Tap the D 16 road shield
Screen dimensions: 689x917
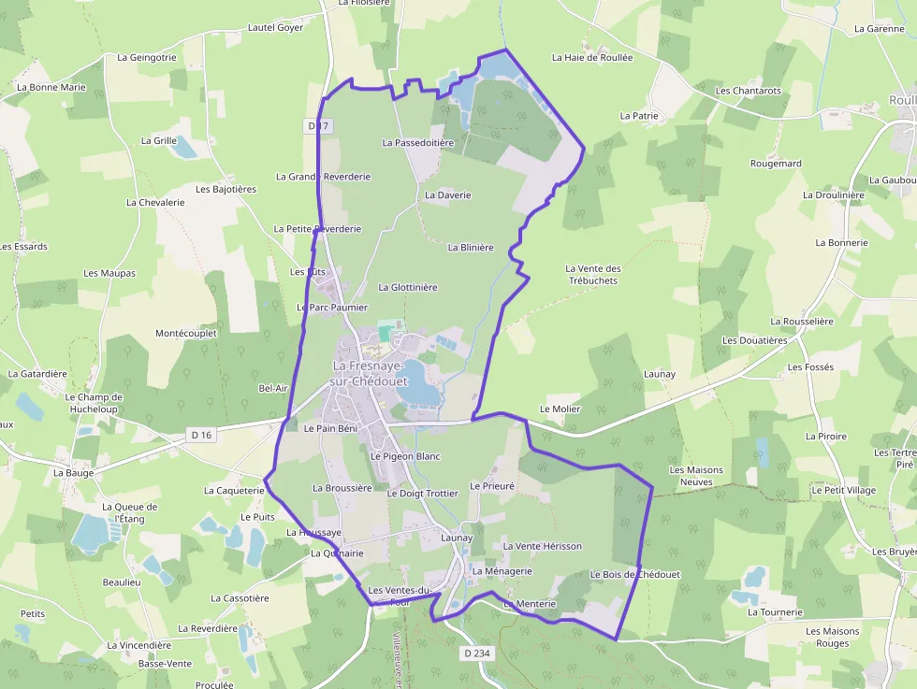click(201, 435)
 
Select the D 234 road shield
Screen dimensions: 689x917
click(476, 653)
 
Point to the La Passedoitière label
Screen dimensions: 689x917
click(417, 143)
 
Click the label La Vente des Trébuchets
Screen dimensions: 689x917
click(593, 275)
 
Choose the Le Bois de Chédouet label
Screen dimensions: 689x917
click(634, 574)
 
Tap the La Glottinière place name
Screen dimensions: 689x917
click(408, 288)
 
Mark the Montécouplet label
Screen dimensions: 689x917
click(186, 333)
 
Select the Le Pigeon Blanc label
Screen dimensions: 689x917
click(405, 456)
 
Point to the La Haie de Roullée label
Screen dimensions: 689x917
click(592, 57)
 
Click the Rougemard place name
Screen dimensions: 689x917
click(776, 164)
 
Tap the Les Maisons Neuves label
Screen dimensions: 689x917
click(691, 476)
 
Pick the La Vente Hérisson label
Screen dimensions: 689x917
click(543, 546)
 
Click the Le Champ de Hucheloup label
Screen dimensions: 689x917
click(95, 403)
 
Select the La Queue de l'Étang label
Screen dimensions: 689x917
click(130, 512)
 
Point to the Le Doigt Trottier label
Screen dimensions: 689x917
click(423, 493)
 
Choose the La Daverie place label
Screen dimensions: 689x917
click(447, 195)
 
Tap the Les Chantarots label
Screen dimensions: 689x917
click(748, 91)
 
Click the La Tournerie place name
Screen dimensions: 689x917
click(775, 612)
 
